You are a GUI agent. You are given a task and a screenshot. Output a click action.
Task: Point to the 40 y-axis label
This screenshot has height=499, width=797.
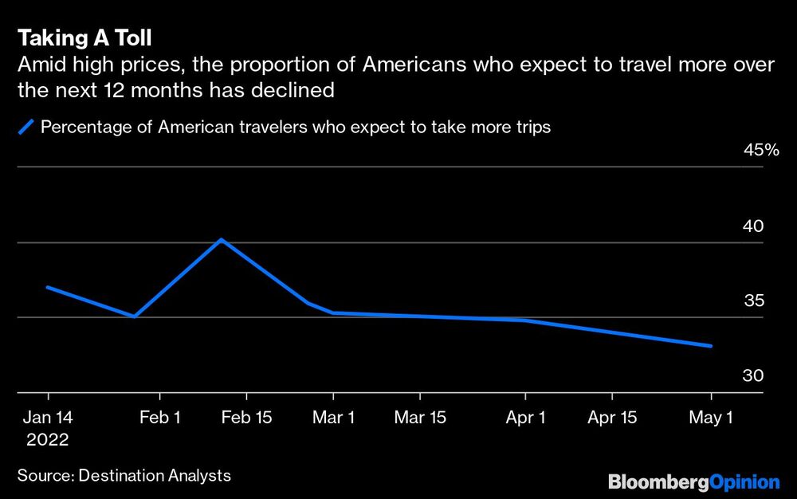pyautogui.click(x=752, y=226)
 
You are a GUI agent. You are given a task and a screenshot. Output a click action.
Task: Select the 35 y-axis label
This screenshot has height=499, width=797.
pyautogui.click(x=752, y=301)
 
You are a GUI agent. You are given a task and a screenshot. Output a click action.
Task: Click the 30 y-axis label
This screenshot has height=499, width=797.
pyautogui.click(x=752, y=376)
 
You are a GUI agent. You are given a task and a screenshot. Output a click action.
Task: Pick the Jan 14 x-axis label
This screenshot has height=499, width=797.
pyautogui.click(x=48, y=417)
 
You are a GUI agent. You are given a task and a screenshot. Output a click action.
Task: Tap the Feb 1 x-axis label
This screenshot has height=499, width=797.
pyautogui.click(x=160, y=417)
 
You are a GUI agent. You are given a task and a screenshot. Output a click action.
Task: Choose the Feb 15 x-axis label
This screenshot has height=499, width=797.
pyautogui.click(x=246, y=417)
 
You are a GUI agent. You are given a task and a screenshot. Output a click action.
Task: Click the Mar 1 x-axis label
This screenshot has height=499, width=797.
pyautogui.click(x=334, y=417)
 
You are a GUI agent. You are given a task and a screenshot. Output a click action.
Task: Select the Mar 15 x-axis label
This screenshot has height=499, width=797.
pyautogui.click(x=421, y=417)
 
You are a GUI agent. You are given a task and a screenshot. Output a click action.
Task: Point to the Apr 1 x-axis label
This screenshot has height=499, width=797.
pyautogui.click(x=525, y=417)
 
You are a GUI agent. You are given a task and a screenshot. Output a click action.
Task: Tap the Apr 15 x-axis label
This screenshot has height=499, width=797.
pyautogui.click(x=612, y=417)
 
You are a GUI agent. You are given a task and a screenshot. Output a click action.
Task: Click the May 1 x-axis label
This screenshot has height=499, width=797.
pyautogui.click(x=711, y=417)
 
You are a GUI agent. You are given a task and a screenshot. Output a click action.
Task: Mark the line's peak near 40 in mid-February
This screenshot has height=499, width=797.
pyautogui.click(x=222, y=239)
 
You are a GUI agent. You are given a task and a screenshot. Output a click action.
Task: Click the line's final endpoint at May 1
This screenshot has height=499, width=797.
pyautogui.click(x=711, y=346)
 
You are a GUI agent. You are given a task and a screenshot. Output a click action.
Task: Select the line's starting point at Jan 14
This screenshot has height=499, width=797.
pyautogui.click(x=48, y=287)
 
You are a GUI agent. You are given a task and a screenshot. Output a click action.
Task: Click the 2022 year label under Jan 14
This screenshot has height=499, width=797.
pyautogui.click(x=48, y=439)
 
